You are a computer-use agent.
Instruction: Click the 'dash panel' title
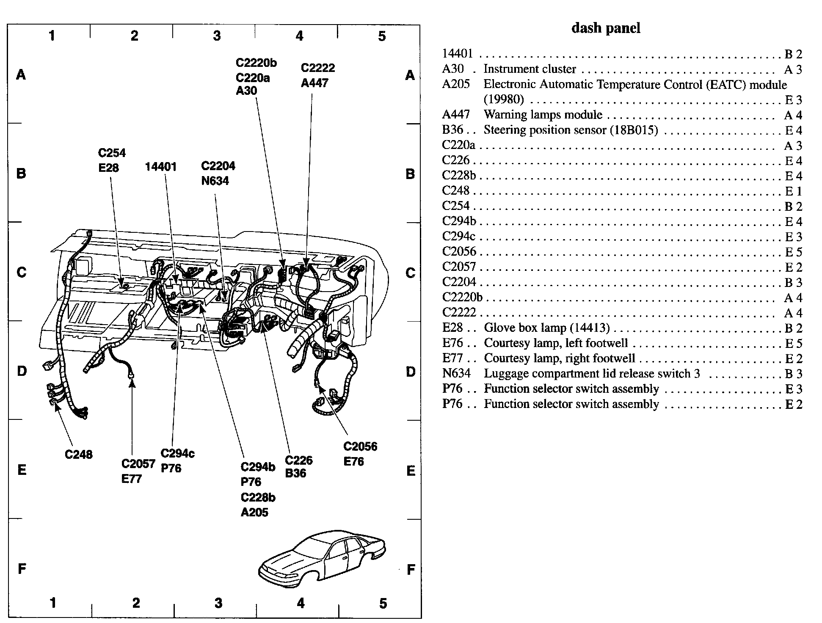[606, 28]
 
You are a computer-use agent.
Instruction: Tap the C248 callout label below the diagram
[78, 455]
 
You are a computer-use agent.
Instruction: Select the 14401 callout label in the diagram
[160, 167]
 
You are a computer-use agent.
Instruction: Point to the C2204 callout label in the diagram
[218, 166]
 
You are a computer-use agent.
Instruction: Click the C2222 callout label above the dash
[318, 68]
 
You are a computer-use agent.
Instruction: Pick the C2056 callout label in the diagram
[360, 447]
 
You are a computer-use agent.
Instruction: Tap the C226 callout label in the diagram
[299, 460]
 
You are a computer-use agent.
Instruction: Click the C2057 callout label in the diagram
[138, 464]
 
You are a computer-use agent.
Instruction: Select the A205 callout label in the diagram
[254, 513]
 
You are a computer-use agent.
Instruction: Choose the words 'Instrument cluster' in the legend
[530, 69]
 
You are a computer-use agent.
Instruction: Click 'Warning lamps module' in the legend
[543, 115]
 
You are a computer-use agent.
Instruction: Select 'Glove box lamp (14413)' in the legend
[547, 328]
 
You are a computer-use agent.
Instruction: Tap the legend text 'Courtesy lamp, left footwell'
[556, 343]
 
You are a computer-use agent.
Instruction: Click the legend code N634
[456, 373]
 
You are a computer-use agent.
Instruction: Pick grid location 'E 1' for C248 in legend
[793, 191]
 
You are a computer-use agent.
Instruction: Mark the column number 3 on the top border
[217, 36]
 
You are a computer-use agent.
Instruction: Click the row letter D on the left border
[22, 371]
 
